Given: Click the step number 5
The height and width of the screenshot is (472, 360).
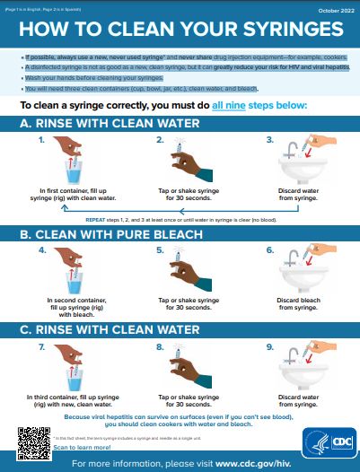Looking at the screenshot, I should click(x=160, y=250).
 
